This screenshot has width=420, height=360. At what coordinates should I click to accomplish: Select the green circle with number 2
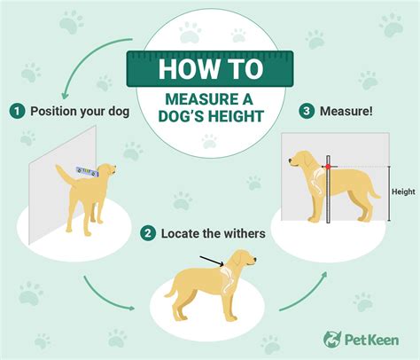[x=146, y=234]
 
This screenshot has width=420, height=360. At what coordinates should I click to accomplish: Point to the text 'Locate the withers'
[x=213, y=234]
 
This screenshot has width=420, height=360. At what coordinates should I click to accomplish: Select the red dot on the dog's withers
[x=328, y=167]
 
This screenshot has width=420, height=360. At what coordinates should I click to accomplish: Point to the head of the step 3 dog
[x=302, y=160]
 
